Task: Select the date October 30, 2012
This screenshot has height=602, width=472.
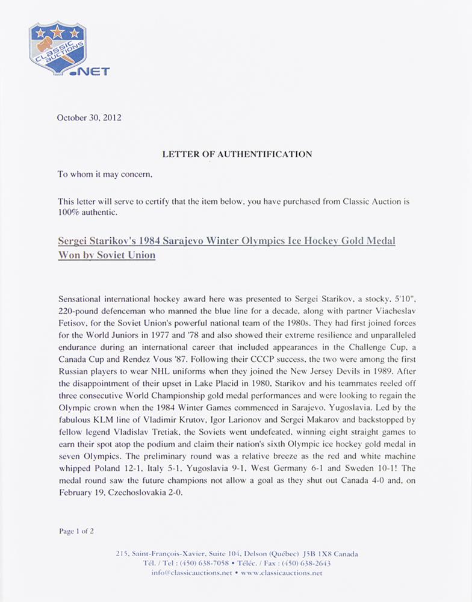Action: pyautogui.click(x=89, y=118)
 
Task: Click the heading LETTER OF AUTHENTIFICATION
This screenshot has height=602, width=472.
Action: pyautogui.click(x=237, y=154)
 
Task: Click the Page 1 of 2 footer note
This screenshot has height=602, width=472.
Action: pyautogui.click(x=76, y=531)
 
